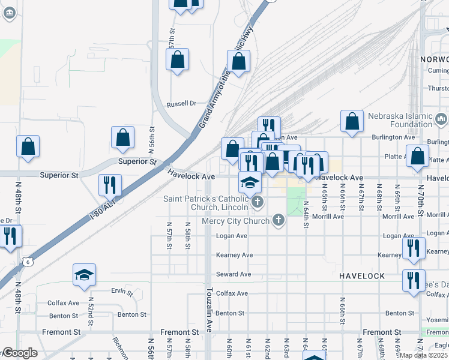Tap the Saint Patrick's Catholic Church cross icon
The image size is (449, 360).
(x=258, y=202)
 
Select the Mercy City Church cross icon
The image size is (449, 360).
(x=278, y=220)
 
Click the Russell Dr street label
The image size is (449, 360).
(x=182, y=103)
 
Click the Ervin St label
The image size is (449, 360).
(x=122, y=292)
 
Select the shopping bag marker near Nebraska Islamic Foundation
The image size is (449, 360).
(x=352, y=121)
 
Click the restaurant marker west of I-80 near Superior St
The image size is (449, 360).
(x=110, y=185)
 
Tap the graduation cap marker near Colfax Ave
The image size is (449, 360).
(x=85, y=275)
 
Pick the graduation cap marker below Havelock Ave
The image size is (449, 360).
(x=250, y=182)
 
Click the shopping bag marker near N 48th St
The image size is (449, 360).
(x=28, y=146)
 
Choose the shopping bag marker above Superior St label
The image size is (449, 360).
(x=123, y=137)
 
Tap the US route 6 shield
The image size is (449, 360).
(x=27, y=261)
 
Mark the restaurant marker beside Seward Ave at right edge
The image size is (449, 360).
(x=412, y=280)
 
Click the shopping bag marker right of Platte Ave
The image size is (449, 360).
(x=417, y=156)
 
